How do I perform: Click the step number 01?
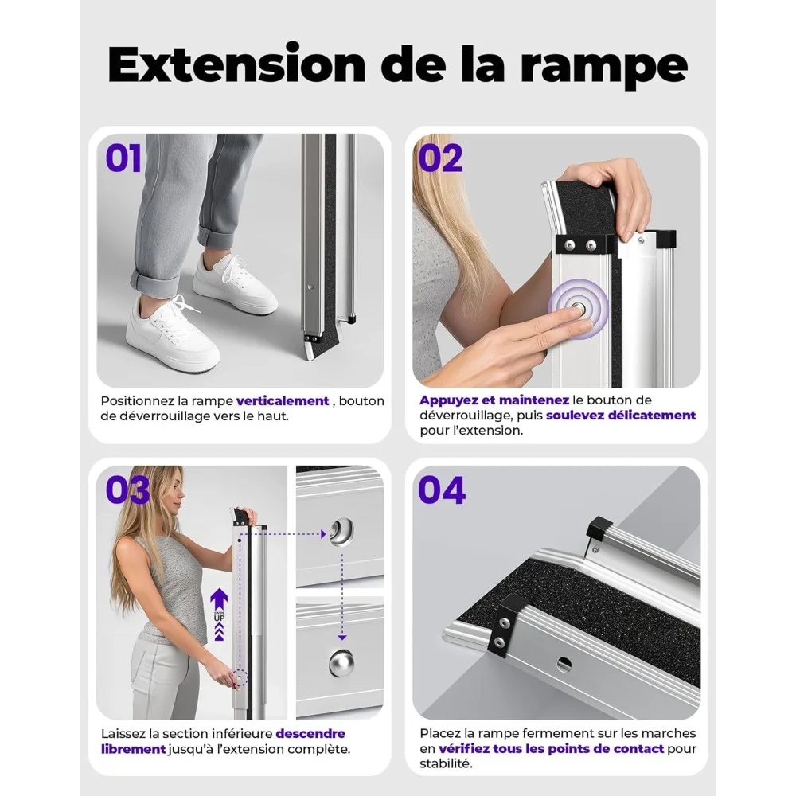(123, 158)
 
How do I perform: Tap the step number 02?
(441, 158)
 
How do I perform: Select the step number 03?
(127, 490)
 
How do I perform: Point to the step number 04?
(442, 490)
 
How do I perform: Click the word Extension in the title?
(236, 64)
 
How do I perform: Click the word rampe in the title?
(603, 68)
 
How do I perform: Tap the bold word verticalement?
(283, 400)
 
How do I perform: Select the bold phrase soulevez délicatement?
(621, 415)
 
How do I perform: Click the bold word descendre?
(310, 734)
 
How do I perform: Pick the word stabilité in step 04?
(446, 763)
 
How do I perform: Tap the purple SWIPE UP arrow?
(219, 614)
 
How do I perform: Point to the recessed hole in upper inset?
(341, 532)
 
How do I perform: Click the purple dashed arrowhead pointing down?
(342, 637)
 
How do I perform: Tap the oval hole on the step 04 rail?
(564, 664)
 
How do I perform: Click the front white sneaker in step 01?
(173, 334)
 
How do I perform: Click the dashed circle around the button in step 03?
(239, 677)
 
